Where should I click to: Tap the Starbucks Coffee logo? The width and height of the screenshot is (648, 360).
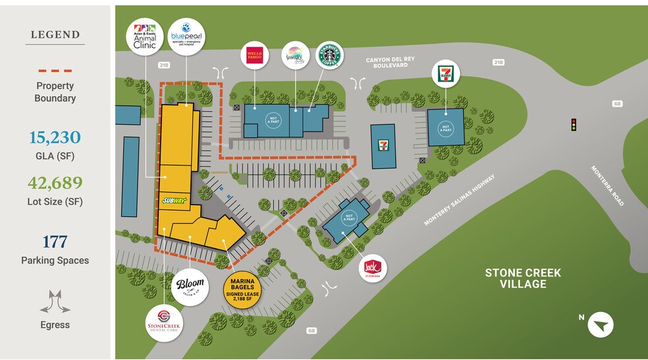[331, 55]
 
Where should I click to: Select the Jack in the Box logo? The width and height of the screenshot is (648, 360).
[373, 268]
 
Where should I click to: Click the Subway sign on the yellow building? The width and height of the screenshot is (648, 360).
[173, 201]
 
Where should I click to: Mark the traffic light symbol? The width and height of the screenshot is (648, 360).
[574, 124]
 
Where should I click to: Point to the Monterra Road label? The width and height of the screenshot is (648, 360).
[606, 186]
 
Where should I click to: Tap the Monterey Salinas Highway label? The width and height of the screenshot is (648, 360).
[458, 200]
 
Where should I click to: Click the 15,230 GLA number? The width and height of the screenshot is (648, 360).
[55, 138]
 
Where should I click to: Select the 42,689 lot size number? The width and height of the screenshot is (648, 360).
[55, 183]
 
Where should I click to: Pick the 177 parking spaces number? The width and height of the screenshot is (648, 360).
[55, 242]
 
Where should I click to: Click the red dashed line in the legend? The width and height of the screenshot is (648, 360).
[55, 70]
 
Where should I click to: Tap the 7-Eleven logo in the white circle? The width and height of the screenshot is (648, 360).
[445, 74]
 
